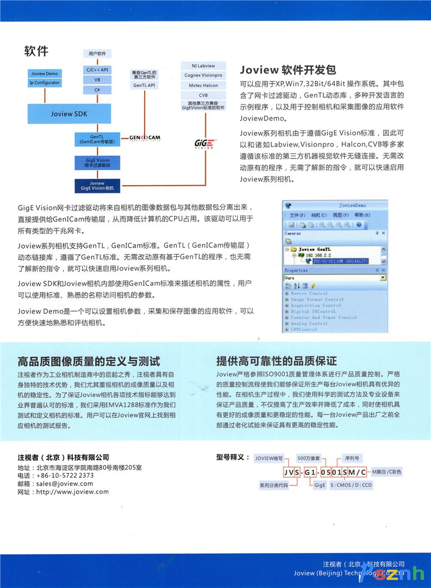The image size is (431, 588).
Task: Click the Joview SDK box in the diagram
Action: click(x=69, y=114)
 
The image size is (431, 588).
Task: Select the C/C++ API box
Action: click(x=97, y=70)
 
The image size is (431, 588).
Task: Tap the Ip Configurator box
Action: click(x=44, y=83)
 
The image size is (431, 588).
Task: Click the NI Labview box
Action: click(x=203, y=66)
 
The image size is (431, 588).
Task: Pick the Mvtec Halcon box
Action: click(x=203, y=85)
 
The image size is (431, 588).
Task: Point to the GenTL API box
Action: click(x=144, y=85)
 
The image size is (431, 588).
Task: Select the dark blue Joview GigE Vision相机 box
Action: click(x=97, y=186)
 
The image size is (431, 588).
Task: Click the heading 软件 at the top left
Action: click(x=36, y=52)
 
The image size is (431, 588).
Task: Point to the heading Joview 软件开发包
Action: click(x=288, y=70)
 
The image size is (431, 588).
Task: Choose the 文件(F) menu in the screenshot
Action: click(x=297, y=215)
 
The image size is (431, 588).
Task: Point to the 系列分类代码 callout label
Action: click(x=273, y=485)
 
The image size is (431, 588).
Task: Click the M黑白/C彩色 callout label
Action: click(x=386, y=472)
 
